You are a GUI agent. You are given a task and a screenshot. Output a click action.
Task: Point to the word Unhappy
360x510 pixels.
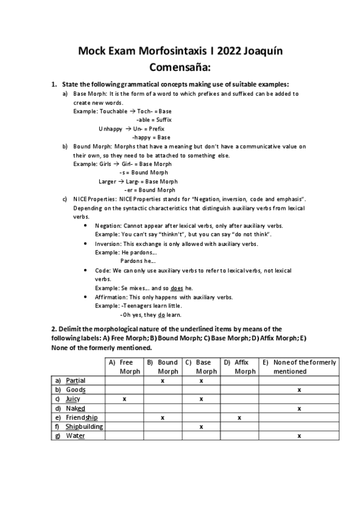tap(111, 129)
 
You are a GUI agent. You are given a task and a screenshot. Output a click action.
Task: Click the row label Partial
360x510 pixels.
tap(76, 381)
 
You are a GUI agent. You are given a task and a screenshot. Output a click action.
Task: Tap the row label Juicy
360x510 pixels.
tap(73, 399)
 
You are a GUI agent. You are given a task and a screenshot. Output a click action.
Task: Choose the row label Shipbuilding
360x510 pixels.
tap(84, 426)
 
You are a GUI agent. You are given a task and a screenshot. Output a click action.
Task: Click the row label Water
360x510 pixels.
tap(75, 435)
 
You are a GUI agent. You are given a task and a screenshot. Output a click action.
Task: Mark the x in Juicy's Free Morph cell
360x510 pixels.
tap(124, 399)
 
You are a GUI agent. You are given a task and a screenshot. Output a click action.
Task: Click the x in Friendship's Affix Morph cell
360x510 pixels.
tap(239, 417)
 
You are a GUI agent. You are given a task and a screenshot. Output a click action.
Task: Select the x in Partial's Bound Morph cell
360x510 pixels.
tap(163, 381)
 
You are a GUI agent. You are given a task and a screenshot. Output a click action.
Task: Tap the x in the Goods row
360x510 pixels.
tap(299, 390)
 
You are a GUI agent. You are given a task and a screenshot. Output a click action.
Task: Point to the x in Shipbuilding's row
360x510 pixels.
tap(201, 426)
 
